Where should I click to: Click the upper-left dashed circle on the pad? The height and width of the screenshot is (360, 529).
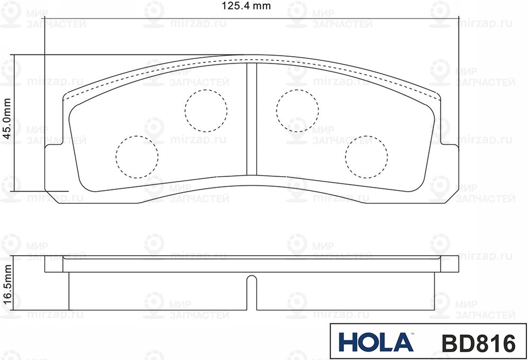click(x=206, y=110)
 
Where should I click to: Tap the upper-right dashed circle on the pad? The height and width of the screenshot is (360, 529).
click(x=297, y=110)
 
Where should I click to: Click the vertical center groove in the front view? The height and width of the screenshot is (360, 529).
click(x=252, y=119)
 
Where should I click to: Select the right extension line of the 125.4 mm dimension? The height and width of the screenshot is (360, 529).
click(x=458, y=79)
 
